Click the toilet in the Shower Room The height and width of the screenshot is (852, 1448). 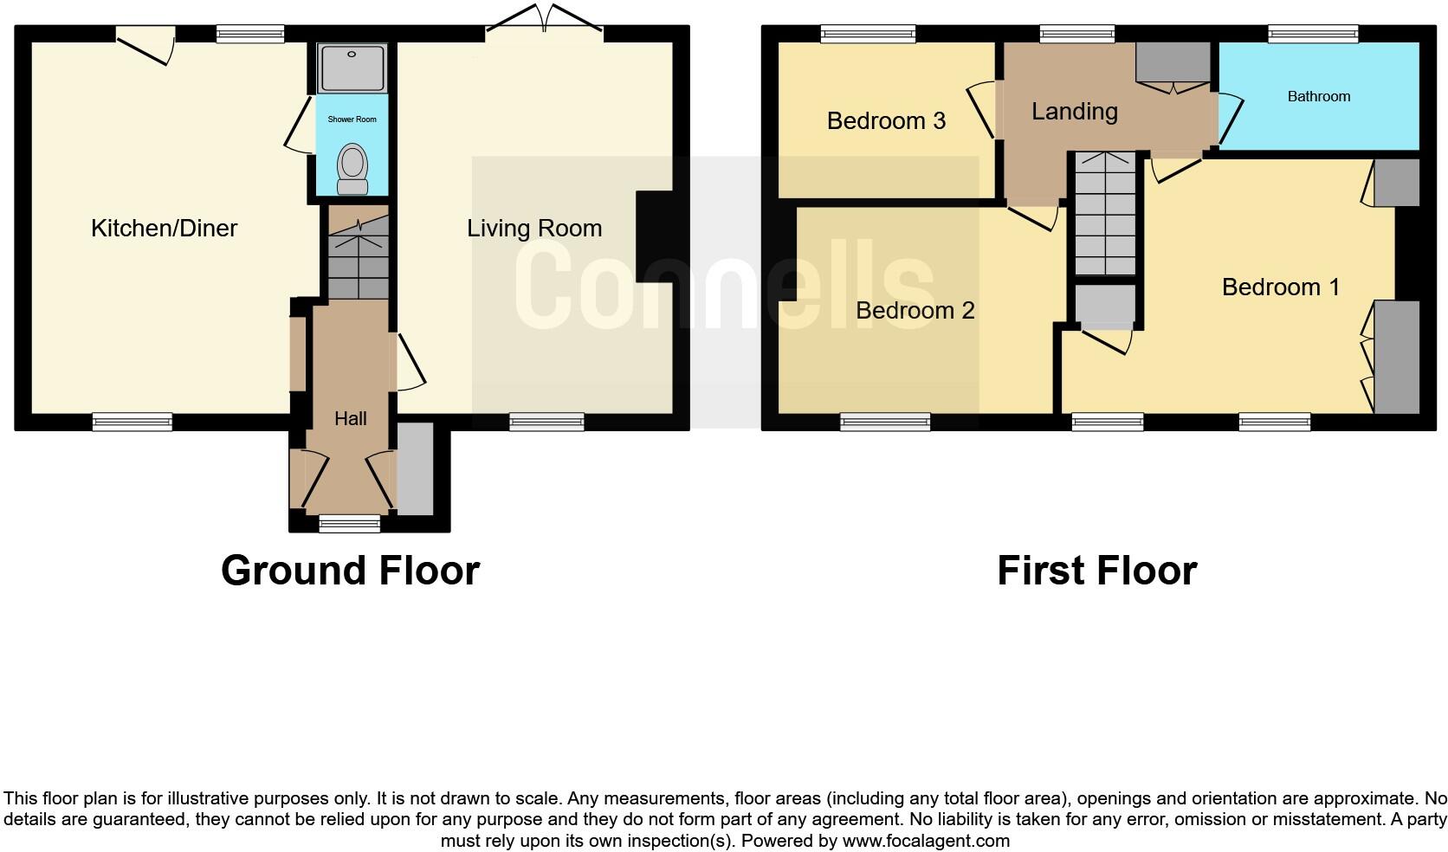pos(352,168)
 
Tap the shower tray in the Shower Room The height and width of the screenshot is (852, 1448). pos(352,68)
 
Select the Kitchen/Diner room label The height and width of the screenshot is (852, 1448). pos(164,228)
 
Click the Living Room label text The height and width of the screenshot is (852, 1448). pos(534,228)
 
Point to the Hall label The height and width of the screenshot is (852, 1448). pos(351,418)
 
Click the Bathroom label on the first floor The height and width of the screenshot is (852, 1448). pos(1318,96)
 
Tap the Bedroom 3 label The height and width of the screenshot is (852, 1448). pos(885,120)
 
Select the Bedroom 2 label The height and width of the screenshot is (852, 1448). pos(915,310)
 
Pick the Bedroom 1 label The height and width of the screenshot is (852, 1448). pos(1280,287)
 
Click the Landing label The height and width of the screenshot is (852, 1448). pos(1074,111)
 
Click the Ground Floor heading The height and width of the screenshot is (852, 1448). pos(350,571)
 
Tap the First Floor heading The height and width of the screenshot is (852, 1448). pos(1096,571)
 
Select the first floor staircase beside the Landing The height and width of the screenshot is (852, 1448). pos(1104,214)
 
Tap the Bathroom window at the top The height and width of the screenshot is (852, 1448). pos(1312,34)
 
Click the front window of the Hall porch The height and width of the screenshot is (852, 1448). pos(349,523)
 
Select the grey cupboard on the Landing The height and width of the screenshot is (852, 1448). pos(1173,61)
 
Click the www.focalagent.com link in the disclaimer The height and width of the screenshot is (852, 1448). pos(925,840)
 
